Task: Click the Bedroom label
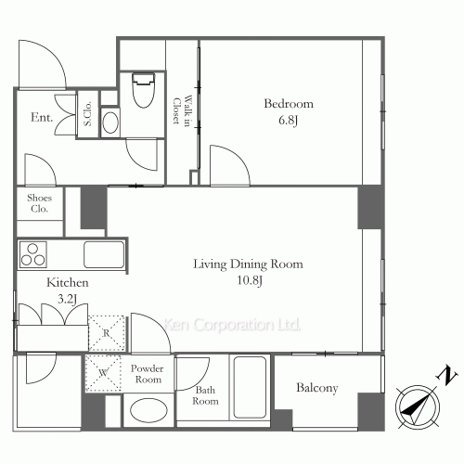[x=289, y=103]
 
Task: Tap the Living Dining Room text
[x=248, y=264]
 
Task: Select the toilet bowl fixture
[x=144, y=90]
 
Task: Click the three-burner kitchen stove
[x=33, y=254]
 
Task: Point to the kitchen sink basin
[x=104, y=254]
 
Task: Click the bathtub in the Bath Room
[x=250, y=387]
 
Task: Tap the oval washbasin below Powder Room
[x=148, y=410]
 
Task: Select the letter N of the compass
[x=446, y=375]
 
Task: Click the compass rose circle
[x=418, y=406]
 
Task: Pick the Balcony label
[x=317, y=388]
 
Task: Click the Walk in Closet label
[x=182, y=110]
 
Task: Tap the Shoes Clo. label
[x=40, y=203]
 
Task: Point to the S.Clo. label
[x=88, y=113]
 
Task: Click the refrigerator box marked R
[x=107, y=333]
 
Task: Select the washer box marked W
[x=103, y=373]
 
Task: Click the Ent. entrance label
[x=42, y=117]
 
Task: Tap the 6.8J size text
[x=288, y=120]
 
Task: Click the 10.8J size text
[x=250, y=280]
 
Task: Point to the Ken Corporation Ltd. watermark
[x=232, y=325]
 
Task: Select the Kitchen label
[x=68, y=282]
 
